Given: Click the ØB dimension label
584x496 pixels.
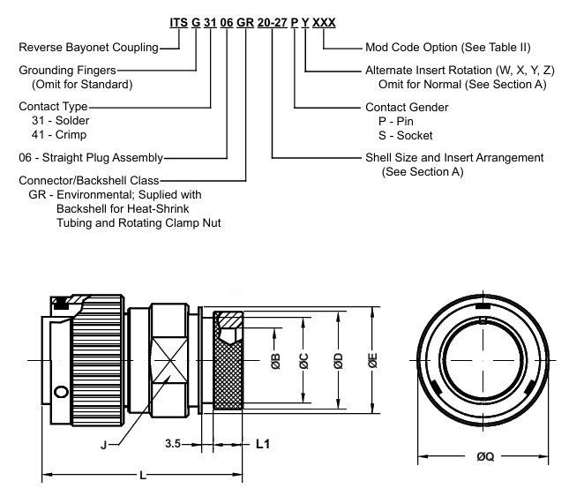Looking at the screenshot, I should (275, 361).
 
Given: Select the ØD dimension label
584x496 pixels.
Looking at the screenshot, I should (339, 360).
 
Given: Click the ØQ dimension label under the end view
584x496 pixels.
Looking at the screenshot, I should (484, 457).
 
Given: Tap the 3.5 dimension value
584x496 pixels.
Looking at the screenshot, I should (172, 446).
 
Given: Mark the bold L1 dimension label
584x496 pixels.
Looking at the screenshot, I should (263, 446).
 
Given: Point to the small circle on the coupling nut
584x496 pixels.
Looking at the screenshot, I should (60, 392).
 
